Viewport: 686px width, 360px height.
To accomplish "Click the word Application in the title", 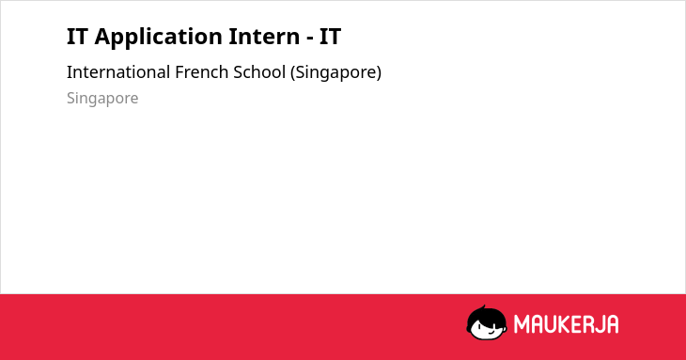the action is point(159,38).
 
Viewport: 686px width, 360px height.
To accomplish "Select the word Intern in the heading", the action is point(264,37).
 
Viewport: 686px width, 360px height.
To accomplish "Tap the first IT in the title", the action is point(77,37).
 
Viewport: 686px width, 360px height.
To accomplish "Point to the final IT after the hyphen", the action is point(330,37).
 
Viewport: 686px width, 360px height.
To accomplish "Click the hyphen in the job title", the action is point(309,39).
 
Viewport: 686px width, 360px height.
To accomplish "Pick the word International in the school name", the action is point(118,72).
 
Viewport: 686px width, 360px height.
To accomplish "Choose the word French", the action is point(201,72).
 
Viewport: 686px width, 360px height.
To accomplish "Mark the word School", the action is point(259,72).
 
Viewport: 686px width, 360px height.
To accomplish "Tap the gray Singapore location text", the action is point(102,99).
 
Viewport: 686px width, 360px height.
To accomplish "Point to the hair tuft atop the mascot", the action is point(483,307).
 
